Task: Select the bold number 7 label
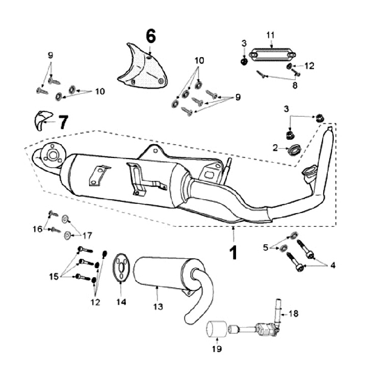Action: tap(62, 122)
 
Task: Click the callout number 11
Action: tap(271, 34)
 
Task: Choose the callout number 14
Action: tap(120, 302)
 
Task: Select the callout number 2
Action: tap(275, 148)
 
